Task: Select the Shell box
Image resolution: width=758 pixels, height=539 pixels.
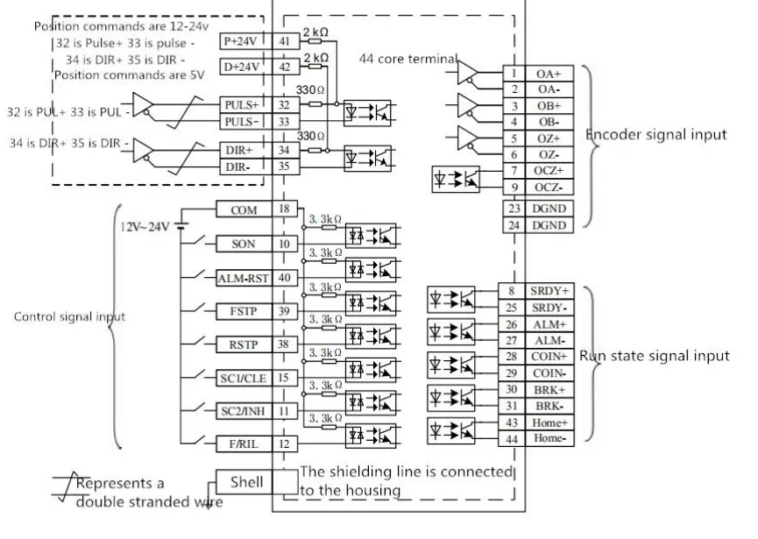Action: [x=245, y=480]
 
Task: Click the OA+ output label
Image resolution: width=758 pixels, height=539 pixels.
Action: [x=549, y=74]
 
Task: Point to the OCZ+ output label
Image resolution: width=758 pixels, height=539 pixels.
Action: [x=549, y=170]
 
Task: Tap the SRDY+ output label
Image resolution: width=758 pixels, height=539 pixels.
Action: [x=549, y=290]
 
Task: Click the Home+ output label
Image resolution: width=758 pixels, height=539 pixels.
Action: [x=549, y=422]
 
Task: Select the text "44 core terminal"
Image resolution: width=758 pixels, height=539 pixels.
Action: [x=408, y=59]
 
